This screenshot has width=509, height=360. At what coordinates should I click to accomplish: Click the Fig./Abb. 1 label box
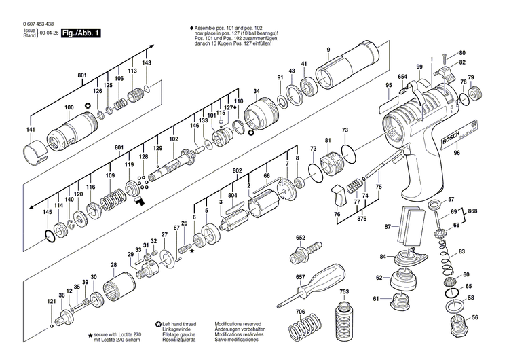(x=79, y=32)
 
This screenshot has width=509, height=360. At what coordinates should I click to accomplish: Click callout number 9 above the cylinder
(x=328, y=50)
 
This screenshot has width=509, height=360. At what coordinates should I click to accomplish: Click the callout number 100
(x=69, y=107)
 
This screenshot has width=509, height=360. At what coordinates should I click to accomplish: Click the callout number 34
(x=256, y=92)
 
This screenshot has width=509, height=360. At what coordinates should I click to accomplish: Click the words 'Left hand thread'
(x=182, y=325)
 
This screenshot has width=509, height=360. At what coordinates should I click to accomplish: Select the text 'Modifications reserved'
(x=238, y=325)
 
